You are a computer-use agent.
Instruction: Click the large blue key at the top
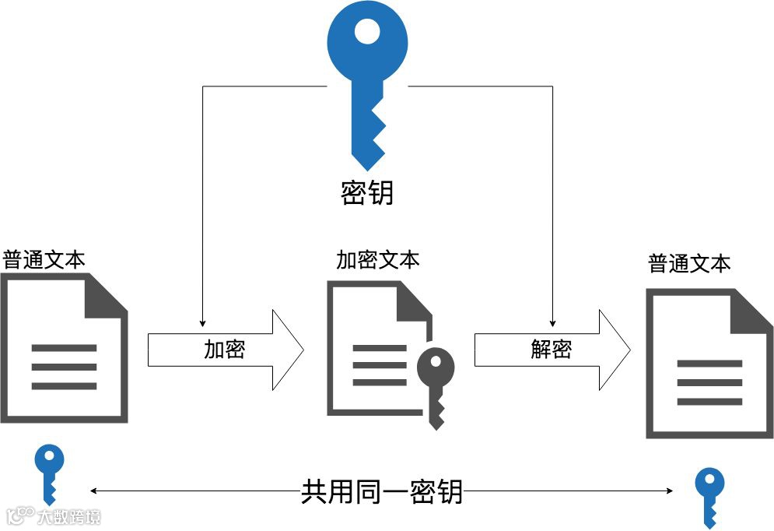366,78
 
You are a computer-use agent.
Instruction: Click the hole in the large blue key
367,32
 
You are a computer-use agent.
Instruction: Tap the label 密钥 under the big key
367,193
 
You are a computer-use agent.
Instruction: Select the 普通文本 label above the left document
44,258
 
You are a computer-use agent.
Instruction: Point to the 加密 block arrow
226,350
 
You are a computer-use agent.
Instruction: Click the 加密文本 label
377,259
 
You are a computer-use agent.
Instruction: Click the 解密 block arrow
552,350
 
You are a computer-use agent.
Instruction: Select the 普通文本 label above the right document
690,263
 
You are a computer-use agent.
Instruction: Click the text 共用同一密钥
381,492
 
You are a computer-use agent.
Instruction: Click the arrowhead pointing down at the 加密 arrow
202,321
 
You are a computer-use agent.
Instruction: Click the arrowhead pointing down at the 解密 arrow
552,321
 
